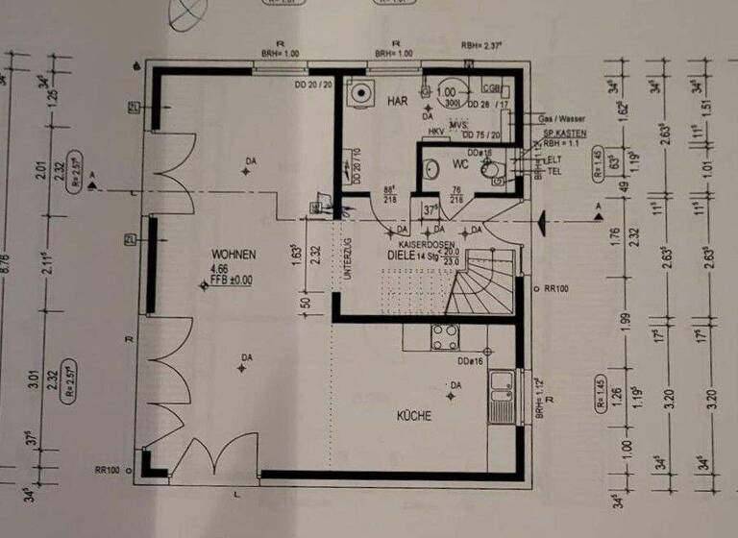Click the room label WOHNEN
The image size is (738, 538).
pos(234,255)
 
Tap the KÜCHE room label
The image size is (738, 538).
pos(414,416)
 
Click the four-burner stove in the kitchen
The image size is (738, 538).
pos(445,336)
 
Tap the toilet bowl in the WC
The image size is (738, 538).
pos(493,170)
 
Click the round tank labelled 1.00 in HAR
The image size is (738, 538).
pos(447,94)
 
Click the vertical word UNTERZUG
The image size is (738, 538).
pos(347,257)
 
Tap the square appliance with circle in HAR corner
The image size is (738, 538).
pos(362,93)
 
